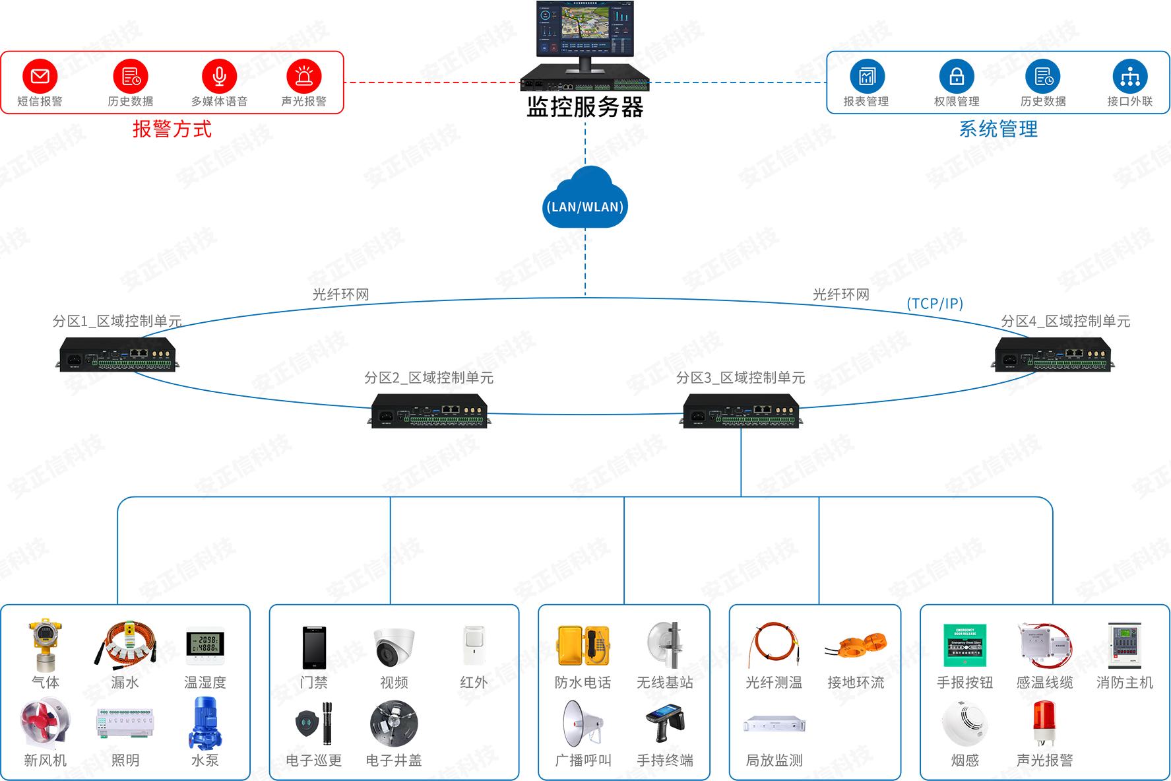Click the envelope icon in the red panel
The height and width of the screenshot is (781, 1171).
(x=40, y=77)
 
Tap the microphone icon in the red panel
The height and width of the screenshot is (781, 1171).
(x=220, y=77)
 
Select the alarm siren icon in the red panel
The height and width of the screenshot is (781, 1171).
(x=304, y=77)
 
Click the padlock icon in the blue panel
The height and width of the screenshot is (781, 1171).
(x=957, y=77)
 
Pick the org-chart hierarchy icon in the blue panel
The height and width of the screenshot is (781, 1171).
(x=1130, y=77)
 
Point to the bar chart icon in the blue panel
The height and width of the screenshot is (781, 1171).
(x=867, y=77)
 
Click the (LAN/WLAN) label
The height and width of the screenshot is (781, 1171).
(x=585, y=207)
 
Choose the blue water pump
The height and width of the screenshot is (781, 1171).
(x=204, y=724)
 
